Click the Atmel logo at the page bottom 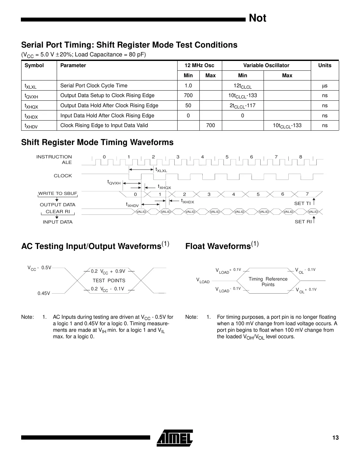(x=175, y=438)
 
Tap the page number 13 (x=335, y=438)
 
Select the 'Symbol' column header (x=34, y=66)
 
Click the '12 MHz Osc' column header (x=199, y=66)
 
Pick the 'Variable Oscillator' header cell (x=266, y=66)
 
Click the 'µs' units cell (x=324, y=86)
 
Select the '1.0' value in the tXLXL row (x=188, y=86)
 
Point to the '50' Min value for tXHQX (x=188, y=106)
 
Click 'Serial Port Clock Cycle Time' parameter (x=94, y=86)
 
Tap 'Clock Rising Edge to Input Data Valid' (x=104, y=125)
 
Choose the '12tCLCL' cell (x=243, y=86)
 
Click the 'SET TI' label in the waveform (x=302, y=203)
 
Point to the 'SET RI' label (x=303, y=222)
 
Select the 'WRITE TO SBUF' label (x=58, y=194)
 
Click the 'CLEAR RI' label (x=58, y=211)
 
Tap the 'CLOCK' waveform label (x=63, y=176)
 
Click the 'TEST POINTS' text (x=109, y=281)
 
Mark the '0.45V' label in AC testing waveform (x=44, y=293)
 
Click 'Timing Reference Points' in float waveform (x=268, y=282)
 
